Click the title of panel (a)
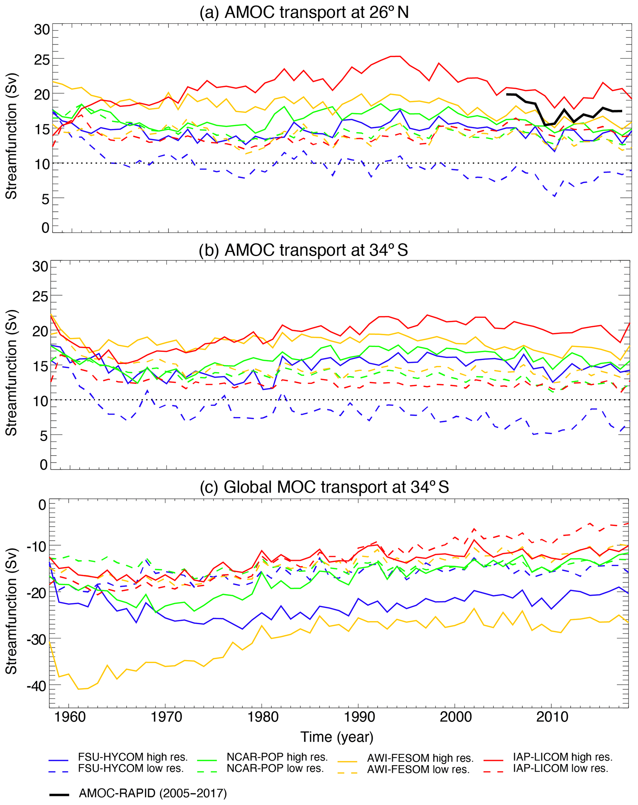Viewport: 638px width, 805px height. coord(304,12)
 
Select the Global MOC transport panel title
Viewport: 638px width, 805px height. coord(324,487)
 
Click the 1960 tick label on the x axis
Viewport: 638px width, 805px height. coord(69,716)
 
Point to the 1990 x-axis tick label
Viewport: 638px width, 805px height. coord(359,716)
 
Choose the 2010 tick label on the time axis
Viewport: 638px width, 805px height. coord(552,716)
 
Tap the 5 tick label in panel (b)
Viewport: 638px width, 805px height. coord(44,436)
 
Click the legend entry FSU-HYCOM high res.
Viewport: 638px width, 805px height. coord(133,757)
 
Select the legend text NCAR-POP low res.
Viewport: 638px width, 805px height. coord(275,768)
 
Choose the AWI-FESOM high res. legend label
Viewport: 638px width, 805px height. coord(420,758)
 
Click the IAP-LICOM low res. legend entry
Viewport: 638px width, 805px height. coord(560,768)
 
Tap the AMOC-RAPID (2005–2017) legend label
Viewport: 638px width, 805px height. coord(153,793)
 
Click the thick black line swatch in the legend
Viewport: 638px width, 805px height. coord(59,795)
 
